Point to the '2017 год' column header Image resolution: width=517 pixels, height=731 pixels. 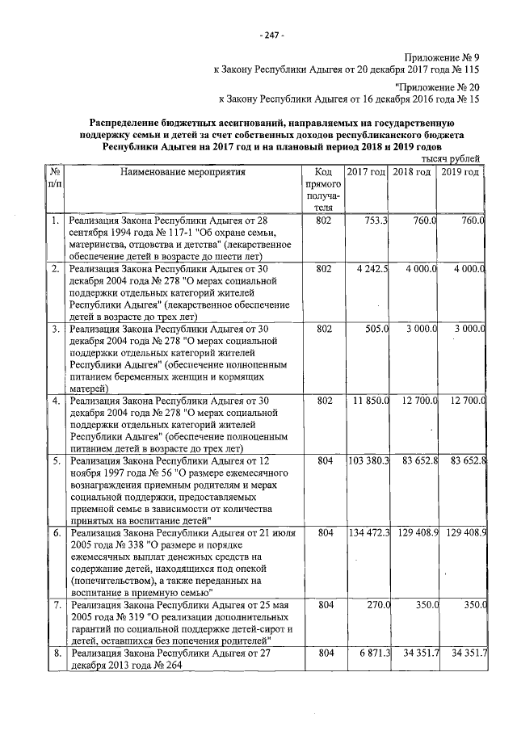coord(367,173)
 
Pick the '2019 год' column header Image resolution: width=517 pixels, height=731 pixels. coord(461,173)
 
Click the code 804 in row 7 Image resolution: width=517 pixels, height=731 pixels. coord(325,605)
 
